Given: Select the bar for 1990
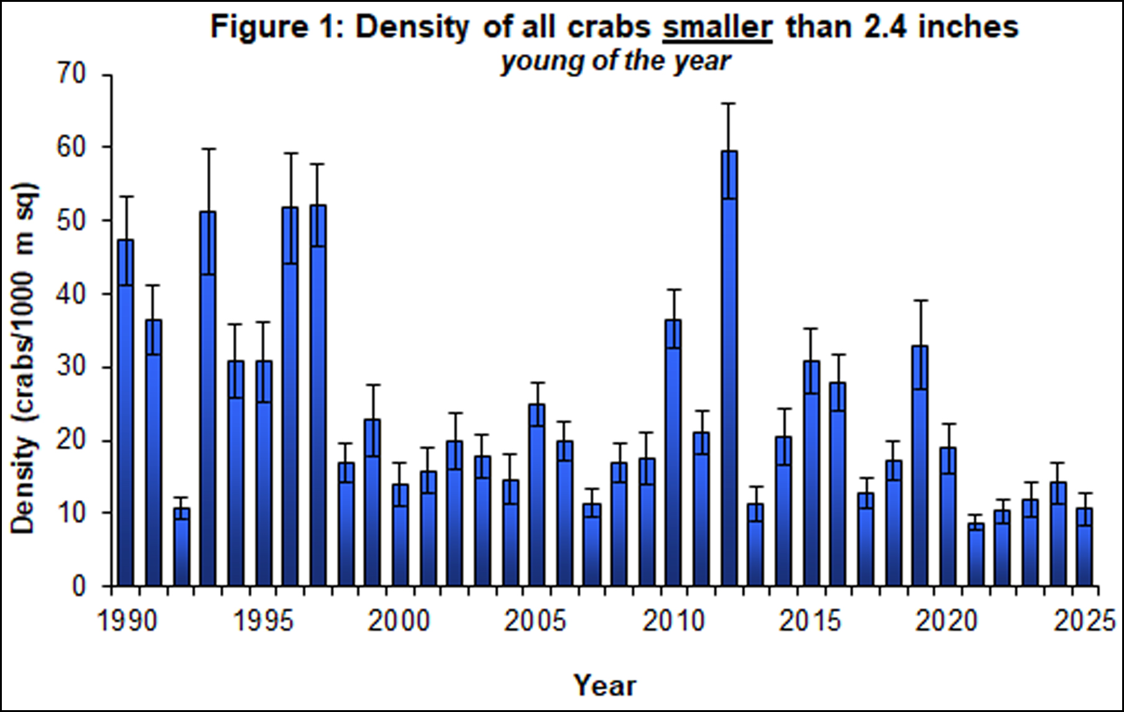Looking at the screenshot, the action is pyautogui.click(x=126, y=413).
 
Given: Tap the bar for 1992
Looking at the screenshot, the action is pyautogui.click(x=182, y=547).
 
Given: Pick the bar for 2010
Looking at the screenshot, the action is pyautogui.click(x=673, y=453).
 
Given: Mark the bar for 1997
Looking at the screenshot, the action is pyautogui.click(x=318, y=395).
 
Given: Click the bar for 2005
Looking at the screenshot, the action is pyautogui.click(x=537, y=495).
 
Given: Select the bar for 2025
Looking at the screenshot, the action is pyautogui.click(x=1085, y=547).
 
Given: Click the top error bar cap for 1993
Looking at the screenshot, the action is pyautogui.click(x=208, y=149).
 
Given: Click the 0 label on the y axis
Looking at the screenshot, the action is pyautogui.click(x=79, y=586).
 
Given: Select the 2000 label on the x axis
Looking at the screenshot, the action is pyautogui.click(x=399, y=621).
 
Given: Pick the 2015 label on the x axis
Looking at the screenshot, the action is pyautogui.click(x=810, y=621).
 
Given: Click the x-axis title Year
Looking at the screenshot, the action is pyautogui.click(x=605, y=685).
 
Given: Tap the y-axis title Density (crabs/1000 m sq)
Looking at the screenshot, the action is pyautogui.click(x=24, y=359).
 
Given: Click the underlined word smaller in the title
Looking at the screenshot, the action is pyautogui.click(x=717, y=27).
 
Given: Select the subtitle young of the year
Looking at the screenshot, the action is pyautogui.click(x=615, y=62).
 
